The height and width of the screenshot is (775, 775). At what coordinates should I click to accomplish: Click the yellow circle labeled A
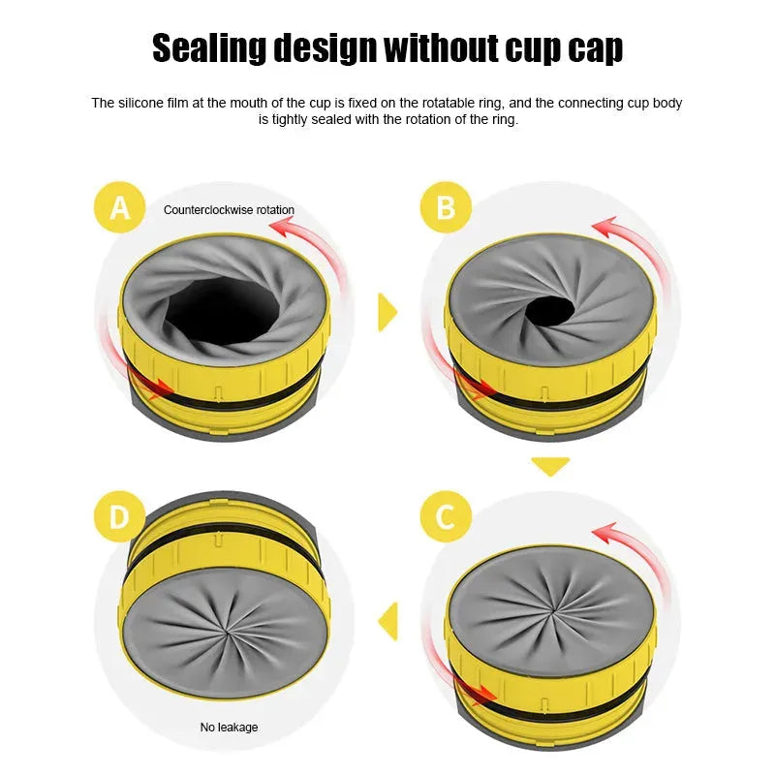[x=120, y=206]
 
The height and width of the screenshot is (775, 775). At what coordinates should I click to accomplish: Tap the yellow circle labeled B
[x=447, y=206]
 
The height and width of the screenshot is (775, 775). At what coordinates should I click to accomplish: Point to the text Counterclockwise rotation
[x=229, y=210]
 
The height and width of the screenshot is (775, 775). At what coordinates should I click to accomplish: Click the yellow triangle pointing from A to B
[x=387, y=312]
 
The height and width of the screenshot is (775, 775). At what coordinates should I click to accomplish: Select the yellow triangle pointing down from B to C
[x=550, y=466]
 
